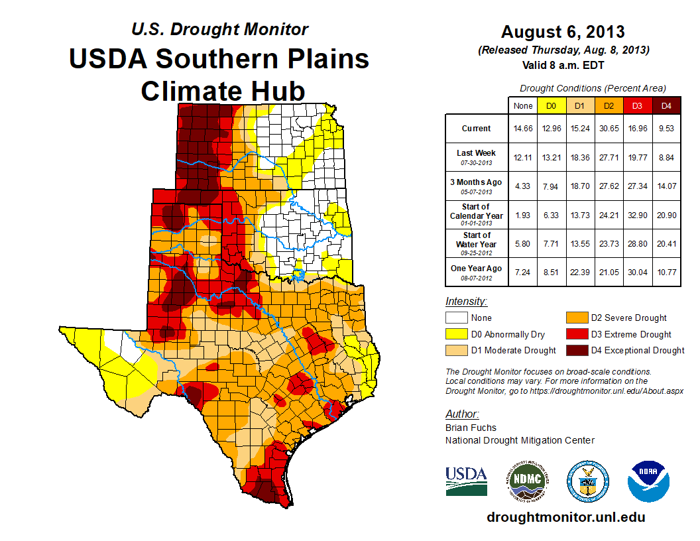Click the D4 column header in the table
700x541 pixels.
666,106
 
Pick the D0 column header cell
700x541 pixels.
551,106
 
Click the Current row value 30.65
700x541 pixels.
609,129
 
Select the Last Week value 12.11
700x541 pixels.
522,156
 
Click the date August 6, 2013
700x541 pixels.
563,31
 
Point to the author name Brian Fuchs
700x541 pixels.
471,428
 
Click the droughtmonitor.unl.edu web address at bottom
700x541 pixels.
565,517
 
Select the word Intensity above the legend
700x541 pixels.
466,302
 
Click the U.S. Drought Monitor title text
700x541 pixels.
219,29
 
